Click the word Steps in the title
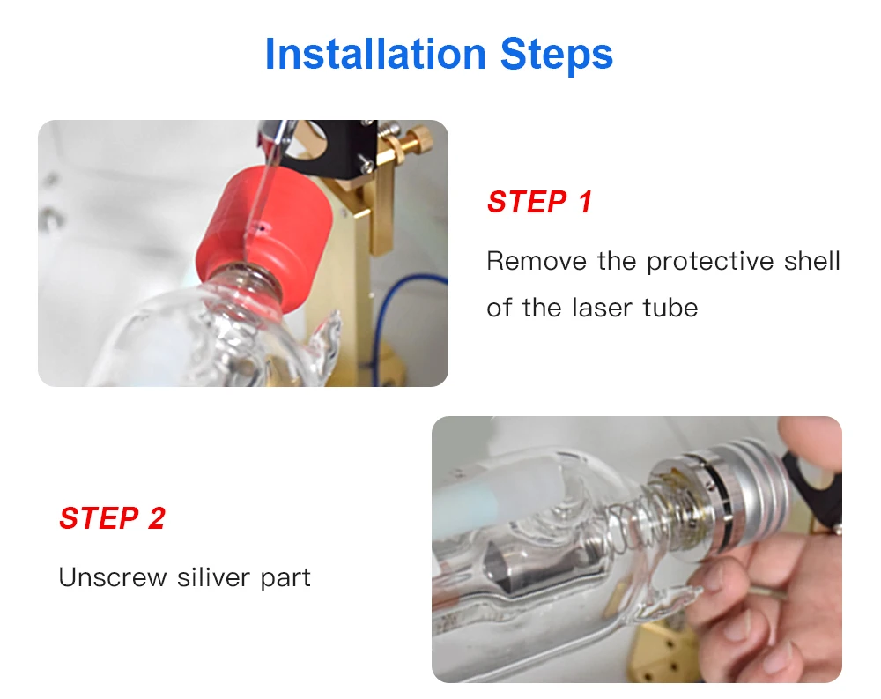coord(557,55)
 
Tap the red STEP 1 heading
coord(539,202)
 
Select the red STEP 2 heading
coord(112,517)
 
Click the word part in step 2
coord(285,579)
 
